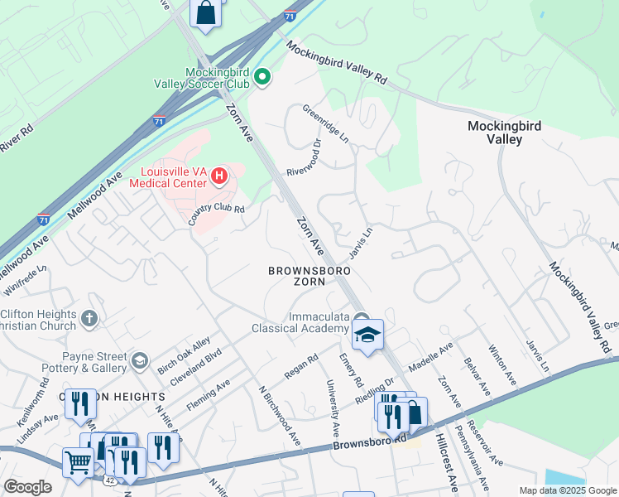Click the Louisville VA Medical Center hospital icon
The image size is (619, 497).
point(219,176)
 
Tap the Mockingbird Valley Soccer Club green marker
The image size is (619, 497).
point(262,78)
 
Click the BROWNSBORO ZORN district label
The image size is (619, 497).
point(309,277)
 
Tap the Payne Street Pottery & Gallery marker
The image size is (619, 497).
point(140,359)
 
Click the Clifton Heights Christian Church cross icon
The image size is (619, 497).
point(90,317)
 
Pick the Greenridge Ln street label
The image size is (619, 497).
point(325,123)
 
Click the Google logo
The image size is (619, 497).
point(28,487)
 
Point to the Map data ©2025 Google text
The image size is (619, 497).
point(567,490)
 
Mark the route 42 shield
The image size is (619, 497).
point(110,479)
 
